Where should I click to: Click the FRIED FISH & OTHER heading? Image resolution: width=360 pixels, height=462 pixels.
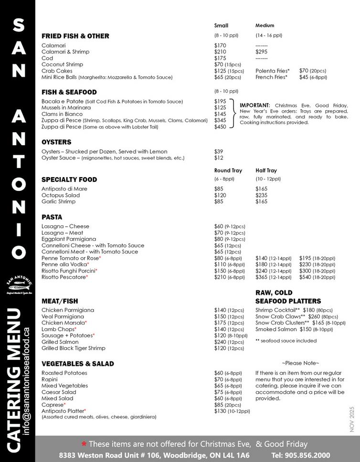point(75,36)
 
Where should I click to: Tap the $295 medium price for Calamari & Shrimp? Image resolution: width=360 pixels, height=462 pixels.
point(261,52)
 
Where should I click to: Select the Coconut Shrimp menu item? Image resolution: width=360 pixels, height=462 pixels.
point(62,64)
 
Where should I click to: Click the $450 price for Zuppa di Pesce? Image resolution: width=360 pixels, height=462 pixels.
point(220,127)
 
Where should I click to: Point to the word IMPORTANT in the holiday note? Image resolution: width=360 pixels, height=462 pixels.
point(254,105)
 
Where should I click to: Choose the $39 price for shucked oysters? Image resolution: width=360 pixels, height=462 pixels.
point(219,151)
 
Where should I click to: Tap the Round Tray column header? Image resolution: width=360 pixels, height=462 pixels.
point(228,170)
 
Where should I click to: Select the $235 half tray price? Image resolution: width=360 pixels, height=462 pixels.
point(261,195)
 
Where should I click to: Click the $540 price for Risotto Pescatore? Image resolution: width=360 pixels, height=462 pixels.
point(306,277)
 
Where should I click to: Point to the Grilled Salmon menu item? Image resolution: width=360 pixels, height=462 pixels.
point(60,342)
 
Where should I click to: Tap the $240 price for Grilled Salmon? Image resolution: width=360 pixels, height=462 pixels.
point(220,342)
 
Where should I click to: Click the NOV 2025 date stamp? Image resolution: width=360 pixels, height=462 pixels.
point(352,419)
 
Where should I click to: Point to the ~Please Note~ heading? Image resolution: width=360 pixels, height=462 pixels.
point(300,363)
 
